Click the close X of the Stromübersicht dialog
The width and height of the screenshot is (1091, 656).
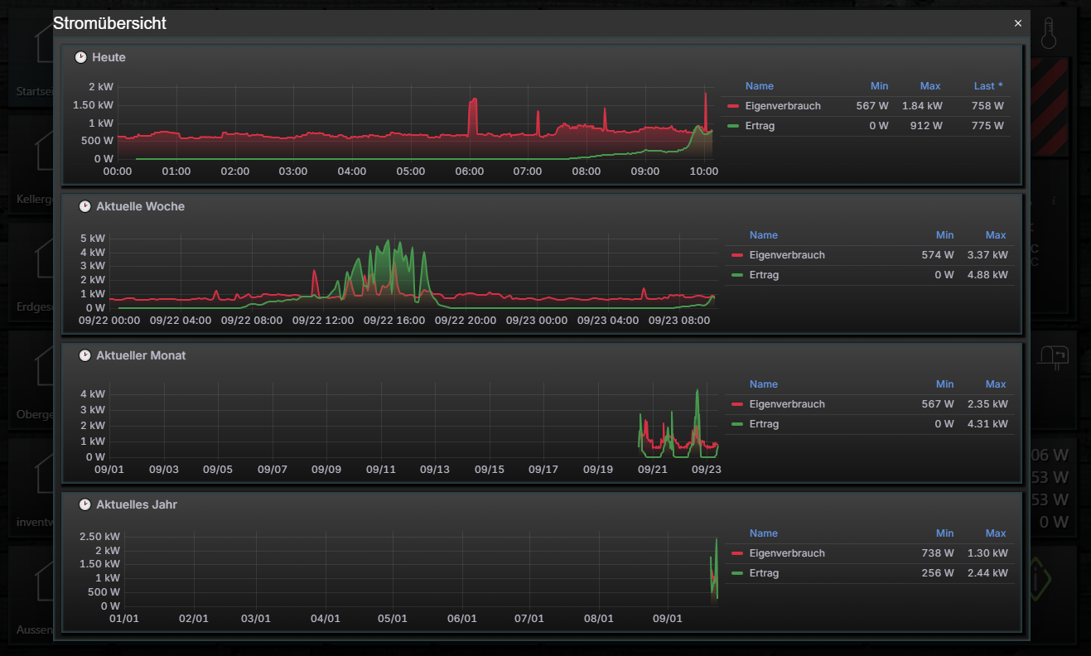[x=1018, y=23]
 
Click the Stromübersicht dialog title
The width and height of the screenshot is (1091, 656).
[x=109, y=23]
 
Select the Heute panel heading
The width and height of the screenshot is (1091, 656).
[x=109, y=57]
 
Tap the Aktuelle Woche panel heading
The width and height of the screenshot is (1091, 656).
[x=140, y=206]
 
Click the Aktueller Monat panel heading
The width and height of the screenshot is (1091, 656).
[x=140, y=355]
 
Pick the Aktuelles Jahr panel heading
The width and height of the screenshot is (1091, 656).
[x=136, y=504]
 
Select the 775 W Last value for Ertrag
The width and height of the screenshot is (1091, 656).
[x=987, y=126]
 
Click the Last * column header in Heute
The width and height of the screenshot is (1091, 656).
[x=988, y=86]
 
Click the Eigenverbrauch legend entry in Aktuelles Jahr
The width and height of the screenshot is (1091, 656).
[x=786, y=553]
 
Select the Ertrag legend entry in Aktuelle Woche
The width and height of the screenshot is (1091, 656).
[x=764, y=275]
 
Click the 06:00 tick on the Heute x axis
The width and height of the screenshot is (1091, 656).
[x=470, y=171]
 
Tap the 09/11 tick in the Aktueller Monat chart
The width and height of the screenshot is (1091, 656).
[x=380, y=470]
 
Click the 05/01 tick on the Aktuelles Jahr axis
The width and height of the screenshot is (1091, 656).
[x=393, y=619]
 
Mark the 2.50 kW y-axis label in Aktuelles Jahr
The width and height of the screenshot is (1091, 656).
[x=99, y=537]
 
